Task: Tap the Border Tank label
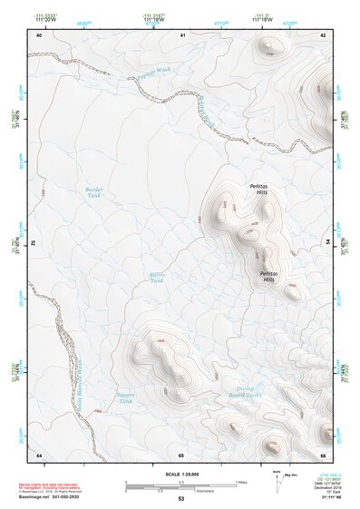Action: coord(94,192)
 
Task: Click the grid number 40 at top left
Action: coord(39,34)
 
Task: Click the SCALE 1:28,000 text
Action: coord(181,475)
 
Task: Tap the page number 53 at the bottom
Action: coord(181,498)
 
